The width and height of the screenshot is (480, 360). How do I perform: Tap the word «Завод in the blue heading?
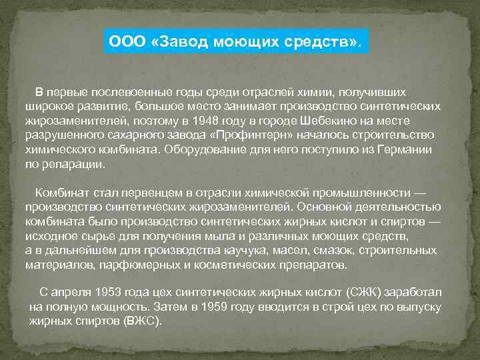click(177, 43)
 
